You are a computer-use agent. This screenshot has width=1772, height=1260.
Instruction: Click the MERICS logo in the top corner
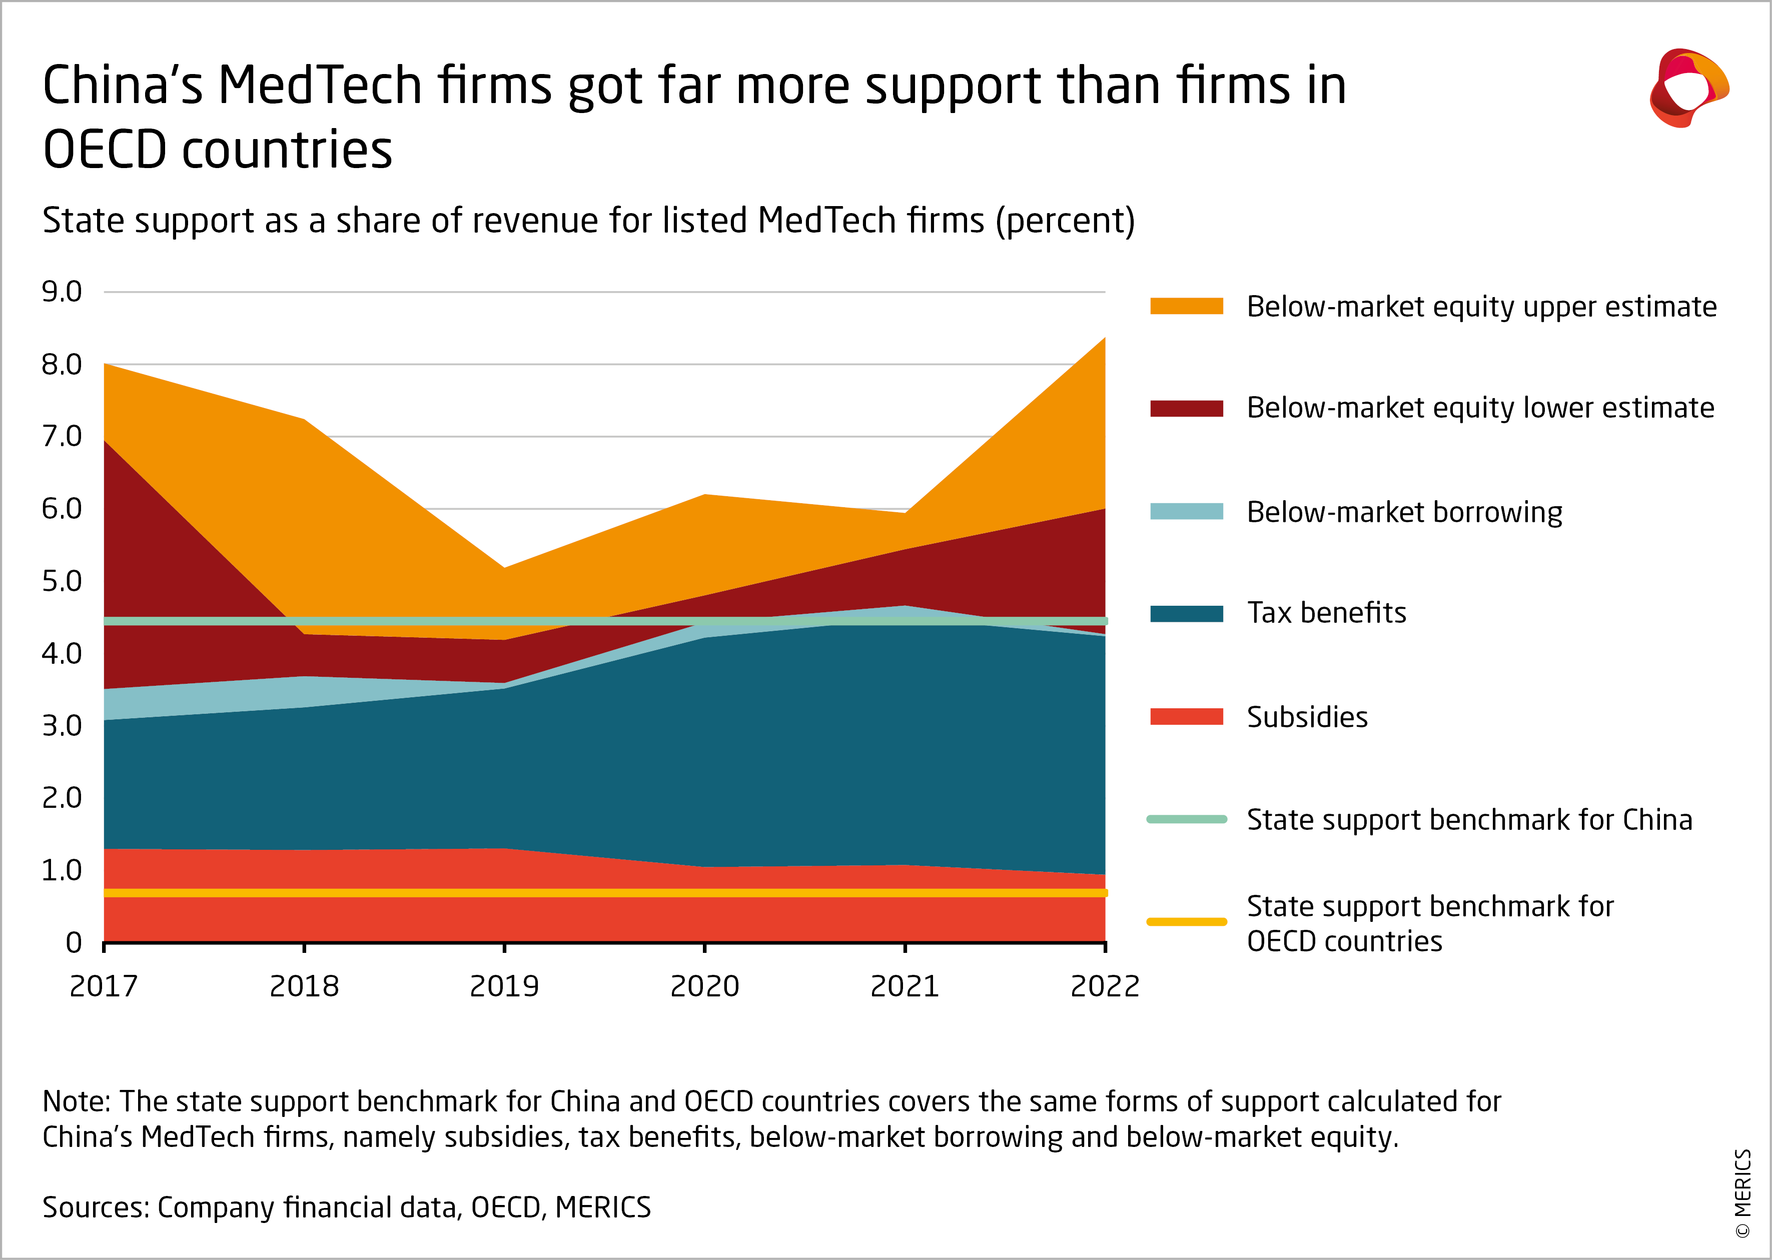tap(1689, 88)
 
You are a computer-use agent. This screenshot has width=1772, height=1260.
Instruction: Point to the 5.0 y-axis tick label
tap(62, 581)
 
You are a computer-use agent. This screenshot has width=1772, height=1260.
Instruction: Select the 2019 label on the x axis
tap(504, 986)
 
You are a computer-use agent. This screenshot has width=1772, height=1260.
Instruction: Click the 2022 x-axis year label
tap(1105, 986)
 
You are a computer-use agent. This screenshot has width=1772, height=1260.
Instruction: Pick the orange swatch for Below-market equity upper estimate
tap(1186, 307)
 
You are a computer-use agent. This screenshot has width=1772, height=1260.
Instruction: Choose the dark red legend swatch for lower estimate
tap(1186, 409)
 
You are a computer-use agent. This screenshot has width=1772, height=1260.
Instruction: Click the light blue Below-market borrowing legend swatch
tap(1186, 512)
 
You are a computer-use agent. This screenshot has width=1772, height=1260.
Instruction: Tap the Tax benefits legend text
tap(1326, 613)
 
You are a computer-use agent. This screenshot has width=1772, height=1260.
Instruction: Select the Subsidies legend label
tap(1307, 717)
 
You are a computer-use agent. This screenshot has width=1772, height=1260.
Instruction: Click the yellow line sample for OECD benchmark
tap(1186, 922)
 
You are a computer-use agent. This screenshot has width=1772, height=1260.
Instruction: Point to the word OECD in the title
tap(104, 150)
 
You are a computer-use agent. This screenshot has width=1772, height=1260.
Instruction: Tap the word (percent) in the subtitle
tap(1065, 221)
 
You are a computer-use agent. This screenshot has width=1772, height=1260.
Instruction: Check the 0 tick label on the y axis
tap(74, 943)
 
